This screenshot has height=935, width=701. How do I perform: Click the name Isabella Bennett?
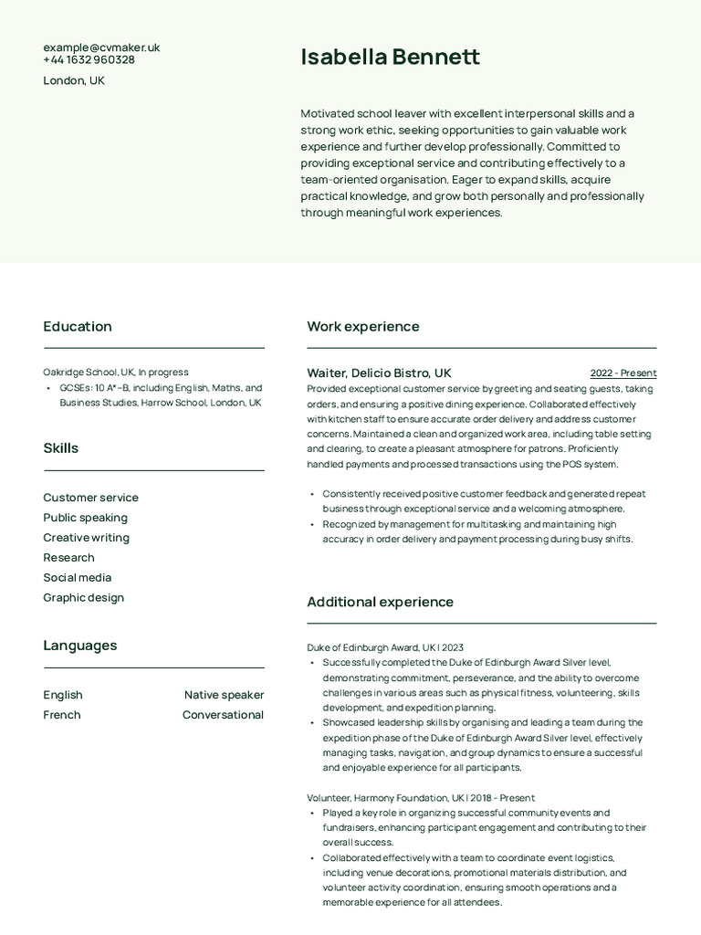pyautogui.click(x=390, y=58)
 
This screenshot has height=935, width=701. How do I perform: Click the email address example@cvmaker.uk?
pyautogui.click(x=101, y=47)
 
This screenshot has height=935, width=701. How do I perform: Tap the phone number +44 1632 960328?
pyautogui.click(x=89, y=60)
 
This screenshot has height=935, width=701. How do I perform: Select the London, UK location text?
pyautogui.click(x=74, y=80)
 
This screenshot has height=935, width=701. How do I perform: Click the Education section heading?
pyautogui.click(x=78, y=327)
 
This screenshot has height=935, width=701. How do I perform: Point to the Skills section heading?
pyautogui.click(x=60, y=448)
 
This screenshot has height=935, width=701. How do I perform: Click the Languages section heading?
pyautogui.click(x=80, y=646)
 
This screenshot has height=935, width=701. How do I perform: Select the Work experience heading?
pyautogui.click(x=363, y=327)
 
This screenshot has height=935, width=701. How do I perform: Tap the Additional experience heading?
pyautogui.click(x=380, y=603)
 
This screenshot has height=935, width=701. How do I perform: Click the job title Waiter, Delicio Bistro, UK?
pyautogui.click(x=379, y=373)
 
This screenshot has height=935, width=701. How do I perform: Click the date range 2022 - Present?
pyautogui.click(x=623, y=373)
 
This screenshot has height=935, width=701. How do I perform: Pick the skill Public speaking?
pyautogui.click(x=85, y=518)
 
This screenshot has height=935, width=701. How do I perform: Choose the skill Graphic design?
pyautogui.click(x=83, y=598)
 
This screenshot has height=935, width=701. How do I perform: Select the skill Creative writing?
pyautogui.click(x=86, y=538)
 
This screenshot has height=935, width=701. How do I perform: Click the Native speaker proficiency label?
pyautogui.click(x=224, y=695)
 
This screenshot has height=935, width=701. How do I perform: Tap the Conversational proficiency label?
pyautogui.click(x=223, y=715)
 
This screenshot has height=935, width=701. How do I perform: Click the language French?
pyautogui.click(x=62, y=715)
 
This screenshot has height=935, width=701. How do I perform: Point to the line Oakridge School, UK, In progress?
pyautogui.click(x=116, y=373)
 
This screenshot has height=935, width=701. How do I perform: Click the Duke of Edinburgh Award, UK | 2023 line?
pyautogui.click(x=385, y=647)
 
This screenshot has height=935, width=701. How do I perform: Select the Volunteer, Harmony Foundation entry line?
pyautogui.click(x=421, y=798)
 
